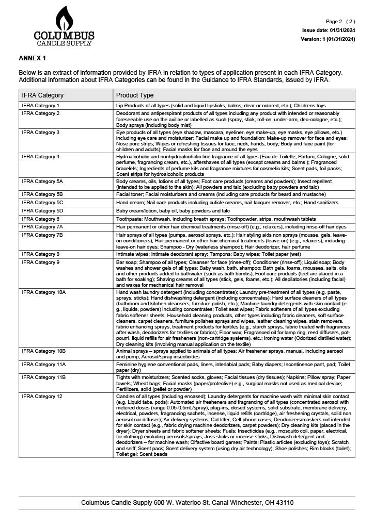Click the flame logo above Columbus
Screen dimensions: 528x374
tap(64, 19)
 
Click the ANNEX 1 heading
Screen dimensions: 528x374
tap(33, 58)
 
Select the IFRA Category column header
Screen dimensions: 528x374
tap(43, 95)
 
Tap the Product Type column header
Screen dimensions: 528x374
tap(135, 95)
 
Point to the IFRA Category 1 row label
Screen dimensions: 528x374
tap(40, 105)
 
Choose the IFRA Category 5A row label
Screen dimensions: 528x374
tap(42, 181)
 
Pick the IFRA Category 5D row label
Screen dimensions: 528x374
tap(42, 211)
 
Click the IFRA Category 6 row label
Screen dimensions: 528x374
tap(40, 219)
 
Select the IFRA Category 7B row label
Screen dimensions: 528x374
tap(42, 235)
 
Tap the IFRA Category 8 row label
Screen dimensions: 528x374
tap(40, 254)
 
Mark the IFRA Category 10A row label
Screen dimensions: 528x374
tap(43, 292)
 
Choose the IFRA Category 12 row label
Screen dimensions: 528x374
tap(42, 396)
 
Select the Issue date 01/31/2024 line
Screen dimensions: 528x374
tap(329, 30)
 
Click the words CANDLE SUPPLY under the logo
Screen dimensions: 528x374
tap(64, 43)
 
